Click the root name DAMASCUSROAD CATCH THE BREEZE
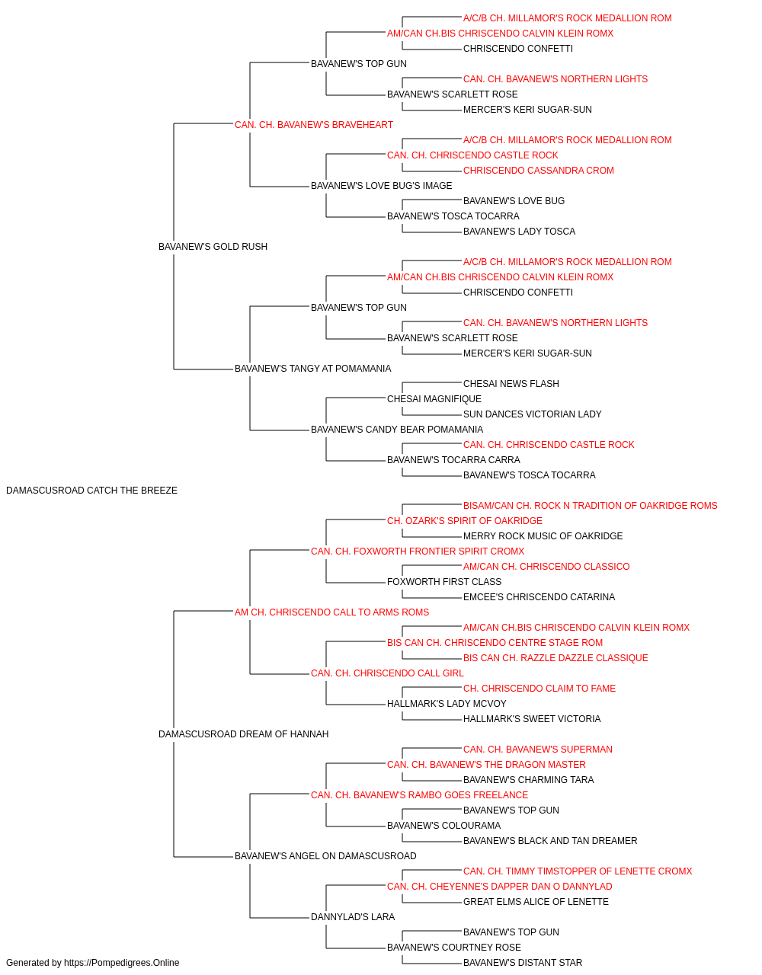[91, 491]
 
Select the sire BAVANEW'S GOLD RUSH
[213, 247]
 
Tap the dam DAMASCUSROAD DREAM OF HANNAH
[243, 734]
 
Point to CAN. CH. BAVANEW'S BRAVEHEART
[314, 125]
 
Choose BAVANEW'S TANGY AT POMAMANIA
[312, 369]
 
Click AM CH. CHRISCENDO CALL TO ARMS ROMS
[331, 612]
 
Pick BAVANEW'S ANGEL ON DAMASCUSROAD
[325, 855]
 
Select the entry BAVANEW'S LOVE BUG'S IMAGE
[382, 186]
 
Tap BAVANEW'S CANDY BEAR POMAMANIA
[397, 430]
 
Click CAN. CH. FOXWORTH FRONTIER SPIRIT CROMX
[418, 551]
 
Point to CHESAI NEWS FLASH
[511, 384]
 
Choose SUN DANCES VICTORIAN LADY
[532, 414]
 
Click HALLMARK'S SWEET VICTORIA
[532, 719]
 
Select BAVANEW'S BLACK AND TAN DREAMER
[550, 840]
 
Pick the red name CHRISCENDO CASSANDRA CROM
[539, 171]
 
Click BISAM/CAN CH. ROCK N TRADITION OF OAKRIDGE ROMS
[590, 506]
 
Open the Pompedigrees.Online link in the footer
[121, 963]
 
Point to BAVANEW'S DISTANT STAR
[523, 963]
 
